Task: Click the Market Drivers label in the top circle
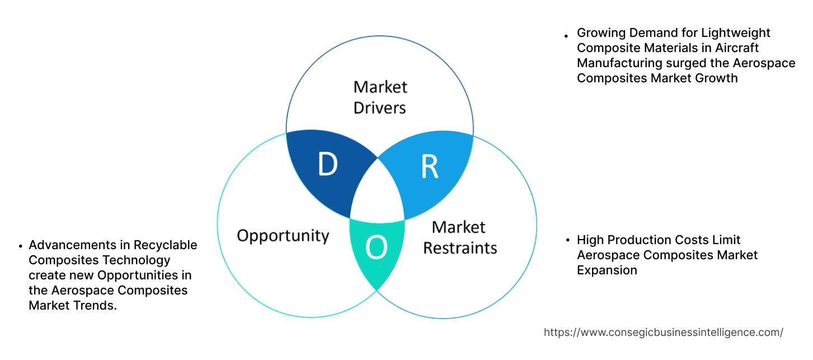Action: [x=380, y=97]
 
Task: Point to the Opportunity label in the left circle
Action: [x=283, y=235]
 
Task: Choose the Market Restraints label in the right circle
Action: [x=459, y=237]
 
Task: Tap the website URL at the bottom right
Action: [x=663, y=332]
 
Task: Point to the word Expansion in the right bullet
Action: [x=607, y=270]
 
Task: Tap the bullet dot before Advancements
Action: [x=21, y=246]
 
